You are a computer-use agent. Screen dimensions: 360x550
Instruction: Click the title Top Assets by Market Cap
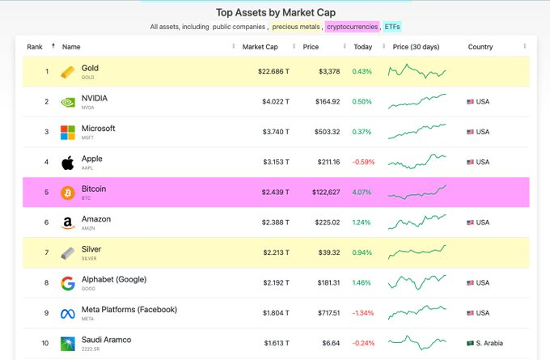(x=275, y=12)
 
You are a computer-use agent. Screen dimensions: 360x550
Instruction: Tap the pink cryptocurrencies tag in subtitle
(x=352, y=27)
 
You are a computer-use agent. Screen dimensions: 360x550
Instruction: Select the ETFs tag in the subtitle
(x=392, y=27)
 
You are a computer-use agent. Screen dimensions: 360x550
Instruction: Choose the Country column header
(x=480, y=47)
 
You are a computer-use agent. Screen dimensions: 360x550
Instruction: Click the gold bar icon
(x=69, y=72)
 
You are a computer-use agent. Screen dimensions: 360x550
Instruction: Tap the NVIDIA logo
(x=69, y=102)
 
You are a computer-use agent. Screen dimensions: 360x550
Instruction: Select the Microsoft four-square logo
(x=69, y=132)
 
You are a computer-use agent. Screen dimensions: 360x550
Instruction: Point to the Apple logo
(x=69, y=162)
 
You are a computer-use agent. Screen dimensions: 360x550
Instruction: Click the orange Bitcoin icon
(x=69, y=193)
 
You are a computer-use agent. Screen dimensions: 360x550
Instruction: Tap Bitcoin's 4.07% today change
(x=362, y=193)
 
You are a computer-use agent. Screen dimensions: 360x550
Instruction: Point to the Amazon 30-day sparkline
(x=417, y=221)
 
